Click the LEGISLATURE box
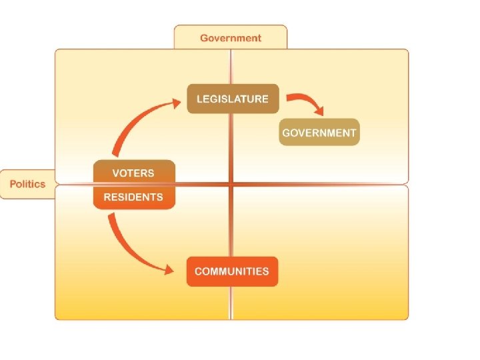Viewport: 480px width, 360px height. coord(232,99)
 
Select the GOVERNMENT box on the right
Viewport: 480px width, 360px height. coord(319,132)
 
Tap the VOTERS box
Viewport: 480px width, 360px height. coord(133,173)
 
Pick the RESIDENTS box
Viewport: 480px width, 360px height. coord(133,197)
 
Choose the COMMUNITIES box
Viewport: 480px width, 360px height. coord(232,271)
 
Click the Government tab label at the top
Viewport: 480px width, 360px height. coord(231,37)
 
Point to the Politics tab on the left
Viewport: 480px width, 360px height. coord(27,184)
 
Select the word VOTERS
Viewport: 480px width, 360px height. coord(133,173)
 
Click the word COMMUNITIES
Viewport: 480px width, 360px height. coord(232,271)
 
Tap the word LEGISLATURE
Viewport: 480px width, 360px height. coord(232,99)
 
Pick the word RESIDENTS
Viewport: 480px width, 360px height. coord(133,197)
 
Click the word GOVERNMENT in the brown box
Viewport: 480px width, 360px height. coord(319,132)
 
